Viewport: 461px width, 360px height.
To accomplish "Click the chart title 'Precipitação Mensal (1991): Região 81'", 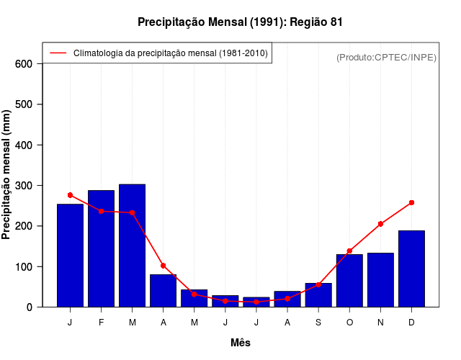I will pos(240,22).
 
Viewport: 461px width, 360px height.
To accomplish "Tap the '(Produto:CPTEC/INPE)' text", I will pos(386,57).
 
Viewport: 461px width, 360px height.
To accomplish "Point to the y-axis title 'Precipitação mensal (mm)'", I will pos(7,174).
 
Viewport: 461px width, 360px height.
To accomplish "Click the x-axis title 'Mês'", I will pos(241,343).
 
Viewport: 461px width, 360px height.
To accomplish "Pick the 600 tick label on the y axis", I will pos(24,64).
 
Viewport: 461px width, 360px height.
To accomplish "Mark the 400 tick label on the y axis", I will pos(24,145).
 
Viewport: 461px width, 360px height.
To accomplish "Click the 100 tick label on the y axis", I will pos(24,267).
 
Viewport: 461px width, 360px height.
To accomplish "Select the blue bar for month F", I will pos(101,248).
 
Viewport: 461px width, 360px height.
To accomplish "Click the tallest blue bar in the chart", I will pos(132,245).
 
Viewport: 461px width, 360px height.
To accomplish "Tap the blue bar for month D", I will pos(411,269).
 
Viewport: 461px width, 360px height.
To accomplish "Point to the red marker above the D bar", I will pos(411,203).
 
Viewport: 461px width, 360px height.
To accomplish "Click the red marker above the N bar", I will pos(380,224).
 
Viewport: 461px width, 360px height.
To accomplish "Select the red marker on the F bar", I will pos(101,211).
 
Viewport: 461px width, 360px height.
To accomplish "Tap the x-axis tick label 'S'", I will pos(318,323).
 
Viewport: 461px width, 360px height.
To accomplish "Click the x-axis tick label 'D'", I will pos(411,323).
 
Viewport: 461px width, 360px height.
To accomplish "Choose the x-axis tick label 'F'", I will pos(101,323).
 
